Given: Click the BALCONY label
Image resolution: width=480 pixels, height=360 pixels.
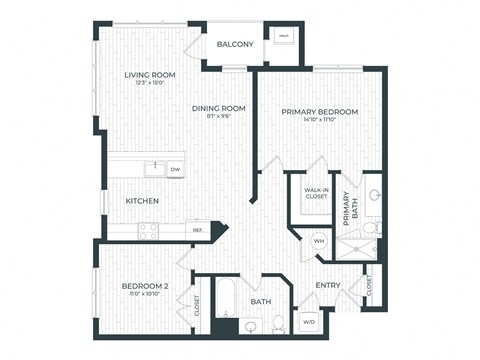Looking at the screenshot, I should pos(235,45).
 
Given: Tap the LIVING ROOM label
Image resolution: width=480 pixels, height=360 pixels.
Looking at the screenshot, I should pos(149,75).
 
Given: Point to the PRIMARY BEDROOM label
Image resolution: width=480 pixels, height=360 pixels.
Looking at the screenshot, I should pos(319,112).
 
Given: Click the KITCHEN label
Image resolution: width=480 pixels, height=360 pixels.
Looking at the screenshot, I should pos(143,201).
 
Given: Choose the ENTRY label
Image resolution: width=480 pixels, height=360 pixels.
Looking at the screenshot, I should pos(328,286).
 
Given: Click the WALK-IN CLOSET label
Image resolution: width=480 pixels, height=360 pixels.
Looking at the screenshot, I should pos(315,193).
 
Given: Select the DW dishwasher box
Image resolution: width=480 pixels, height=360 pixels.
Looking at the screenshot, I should pos(175,170).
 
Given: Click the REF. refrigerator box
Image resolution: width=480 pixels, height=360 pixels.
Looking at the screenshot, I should pos(198,230).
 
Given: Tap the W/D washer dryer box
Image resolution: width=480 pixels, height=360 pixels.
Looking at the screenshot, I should pos(307,322).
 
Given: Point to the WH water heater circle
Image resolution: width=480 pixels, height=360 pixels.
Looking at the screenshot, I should pos(319,240).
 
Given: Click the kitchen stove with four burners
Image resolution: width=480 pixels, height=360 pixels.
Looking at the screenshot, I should pos(148,229).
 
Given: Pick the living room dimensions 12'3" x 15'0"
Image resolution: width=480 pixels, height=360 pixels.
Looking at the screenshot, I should pos(149,84).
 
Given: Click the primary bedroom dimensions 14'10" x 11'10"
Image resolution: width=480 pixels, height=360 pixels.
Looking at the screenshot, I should pos(319,121).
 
